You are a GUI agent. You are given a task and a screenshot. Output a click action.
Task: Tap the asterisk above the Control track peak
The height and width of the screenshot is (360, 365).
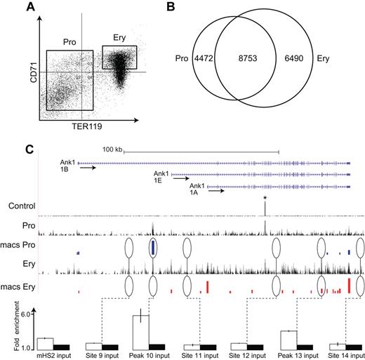[x=265, y=199]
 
